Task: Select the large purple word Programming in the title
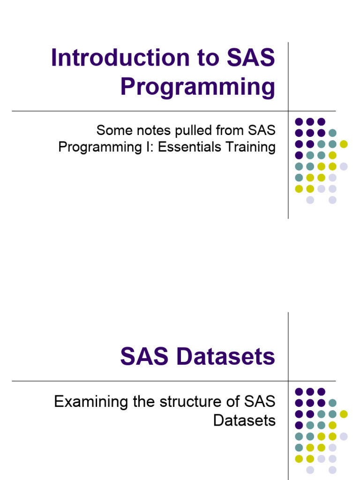[x=197, y=88]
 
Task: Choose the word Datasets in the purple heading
[x=226, y=357]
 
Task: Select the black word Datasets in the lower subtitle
[x=244, y=420]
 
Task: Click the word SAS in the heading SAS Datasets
[x=144, y=357]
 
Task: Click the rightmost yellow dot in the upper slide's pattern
[x=344, y=144]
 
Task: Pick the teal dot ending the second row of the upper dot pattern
[x=332, y=133]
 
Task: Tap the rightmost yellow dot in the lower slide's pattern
[x=344, y=414]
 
